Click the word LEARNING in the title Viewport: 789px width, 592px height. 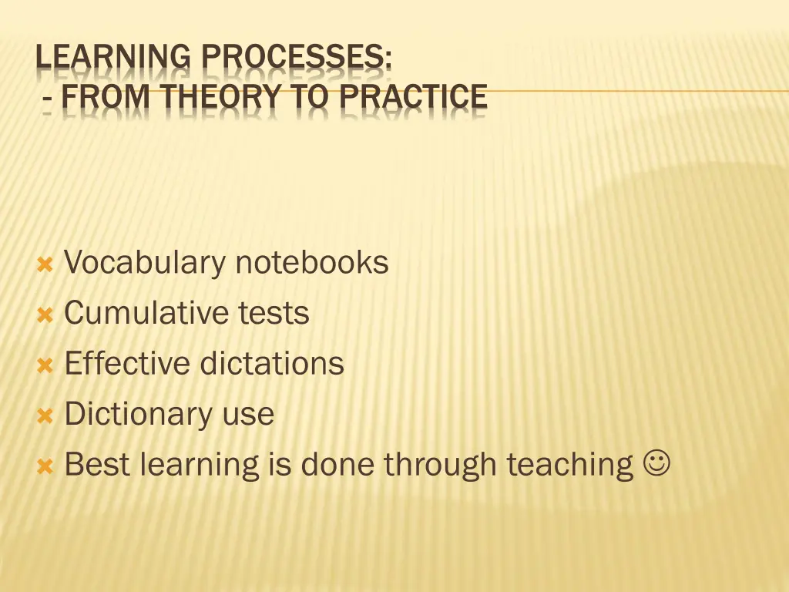(113, 59)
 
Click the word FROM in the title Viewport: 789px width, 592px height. (104, 98)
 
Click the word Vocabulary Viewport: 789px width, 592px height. (143, 264)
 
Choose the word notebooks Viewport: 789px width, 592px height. (312, 263)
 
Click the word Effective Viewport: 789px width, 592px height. (128, 364)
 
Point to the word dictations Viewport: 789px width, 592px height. (272, 364)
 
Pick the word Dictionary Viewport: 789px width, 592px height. (138, 415)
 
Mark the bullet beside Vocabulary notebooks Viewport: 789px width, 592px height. (45, 265)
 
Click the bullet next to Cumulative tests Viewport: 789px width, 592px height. (45, 315)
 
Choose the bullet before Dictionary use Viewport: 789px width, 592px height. (45, 416)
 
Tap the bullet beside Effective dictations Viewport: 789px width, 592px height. (45, 365)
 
